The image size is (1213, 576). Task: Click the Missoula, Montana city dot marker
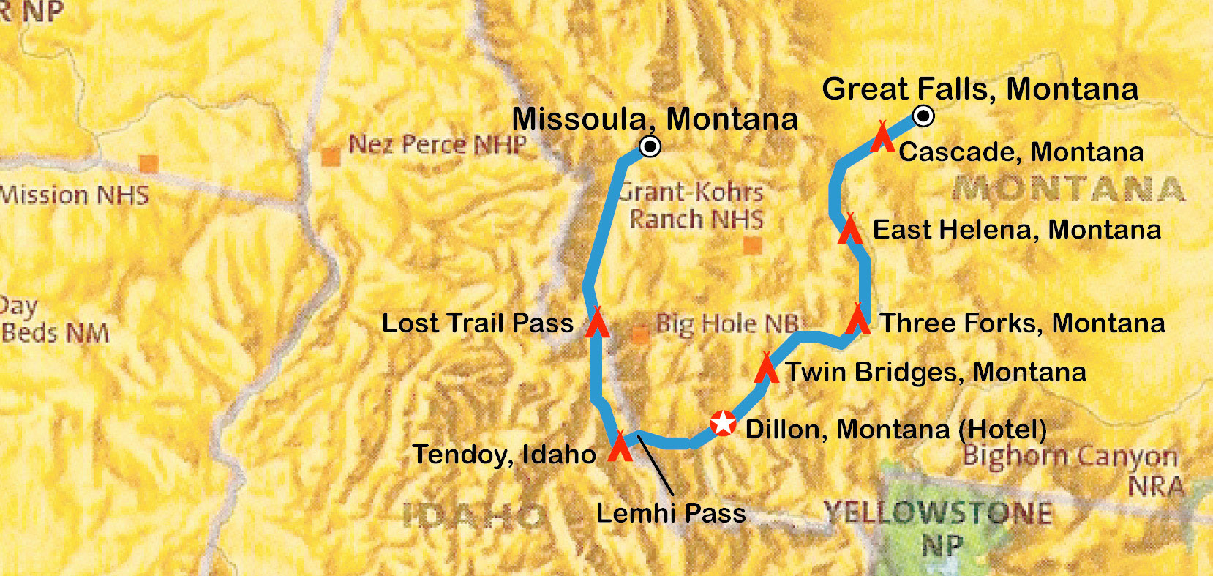pyautogui.click(x=650, y=146)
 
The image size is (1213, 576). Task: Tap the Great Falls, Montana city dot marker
pyautogui.click(x=923, y=116)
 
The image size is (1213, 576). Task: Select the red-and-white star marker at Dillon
pyautogui.click(x=723, y=423)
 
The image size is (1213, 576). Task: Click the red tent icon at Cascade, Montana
pyautogui.click(x=882, y=138)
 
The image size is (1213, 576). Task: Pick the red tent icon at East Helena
pyautogui.click(x=849, y=229)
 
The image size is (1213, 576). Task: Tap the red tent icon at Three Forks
pyautogui.click(x=858, y=320)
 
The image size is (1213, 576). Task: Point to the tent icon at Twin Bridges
pyautogui.click(x=766, y=368)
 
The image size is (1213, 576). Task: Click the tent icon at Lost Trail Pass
pyautogui.click(x=598, y=323)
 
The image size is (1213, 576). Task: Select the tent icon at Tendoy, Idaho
pyautogui.click(x=620, y=447)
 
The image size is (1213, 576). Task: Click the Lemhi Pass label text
pyautogui.click(x=671, y=513)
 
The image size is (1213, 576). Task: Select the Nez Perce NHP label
pyautogui.click(x=437, y=144)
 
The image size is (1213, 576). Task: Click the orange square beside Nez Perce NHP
pyautogui.click(x=331, y=157)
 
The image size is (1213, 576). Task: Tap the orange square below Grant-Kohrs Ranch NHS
pyautogui.click(x=752, y=244)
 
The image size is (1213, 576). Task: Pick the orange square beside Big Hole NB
pyautogui.click(x=640, y=335)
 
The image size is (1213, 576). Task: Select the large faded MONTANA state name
pyautogui.click(x=1068, y=189)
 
